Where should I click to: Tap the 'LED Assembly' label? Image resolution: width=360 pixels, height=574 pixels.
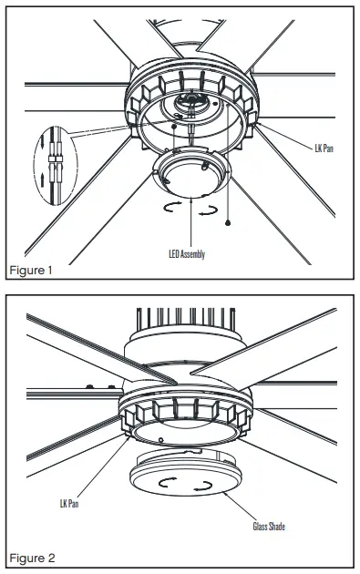click(x=186, y=254)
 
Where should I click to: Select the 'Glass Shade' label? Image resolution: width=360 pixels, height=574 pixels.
click(x=271, y=526)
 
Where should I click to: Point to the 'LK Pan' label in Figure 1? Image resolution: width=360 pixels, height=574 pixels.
click(x=324, y=146)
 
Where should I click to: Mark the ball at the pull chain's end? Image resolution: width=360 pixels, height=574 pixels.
click(x=228, y=222)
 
